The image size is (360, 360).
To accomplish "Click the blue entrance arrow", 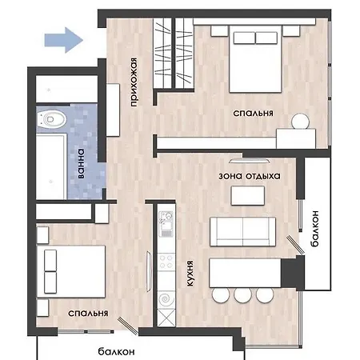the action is coord(64,40).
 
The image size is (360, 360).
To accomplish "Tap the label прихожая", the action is coord(134,82).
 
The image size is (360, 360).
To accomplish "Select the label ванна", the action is coord(81,163).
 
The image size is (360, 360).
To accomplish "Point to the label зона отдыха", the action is coord(250,176).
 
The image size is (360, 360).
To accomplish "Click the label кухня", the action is coord(190,274).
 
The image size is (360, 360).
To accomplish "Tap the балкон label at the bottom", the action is coord(116,351).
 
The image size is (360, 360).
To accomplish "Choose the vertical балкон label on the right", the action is coord(314,228).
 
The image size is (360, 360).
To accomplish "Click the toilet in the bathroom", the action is coord(51,119).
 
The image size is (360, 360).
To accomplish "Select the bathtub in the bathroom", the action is coord(51,166).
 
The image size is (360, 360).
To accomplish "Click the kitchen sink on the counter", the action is coord(166,224).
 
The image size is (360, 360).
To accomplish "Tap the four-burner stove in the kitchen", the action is coord(166,262).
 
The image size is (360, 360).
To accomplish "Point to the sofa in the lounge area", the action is coord(242,231).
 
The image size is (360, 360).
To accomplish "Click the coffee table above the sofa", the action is coord(248,196).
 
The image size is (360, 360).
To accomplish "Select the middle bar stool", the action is coord(242,295).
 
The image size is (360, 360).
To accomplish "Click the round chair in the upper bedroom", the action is coord(301,122).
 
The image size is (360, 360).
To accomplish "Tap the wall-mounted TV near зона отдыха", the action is coord(250,161).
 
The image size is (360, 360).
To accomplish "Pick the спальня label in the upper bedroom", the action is coord(253,113).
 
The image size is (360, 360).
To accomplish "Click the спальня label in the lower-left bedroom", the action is coord(88,313).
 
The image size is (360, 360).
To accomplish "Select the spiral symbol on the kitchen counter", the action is coord(166,299).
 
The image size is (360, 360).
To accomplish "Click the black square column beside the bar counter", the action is coord(293,273).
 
